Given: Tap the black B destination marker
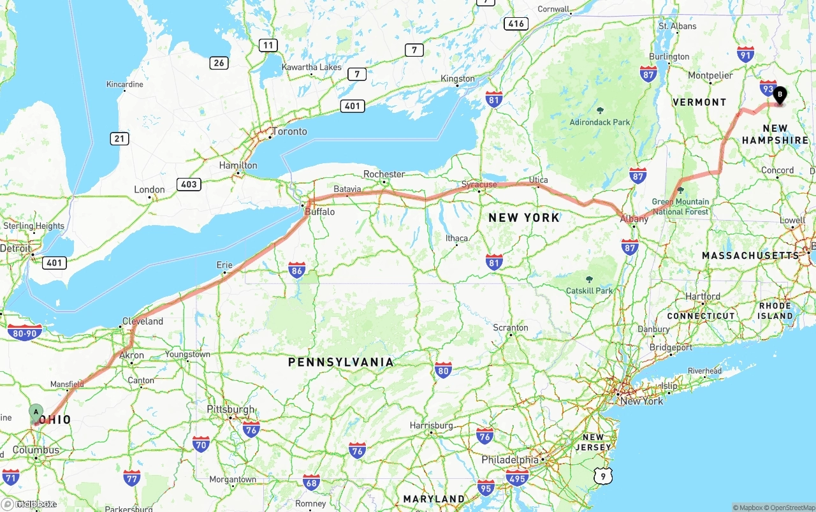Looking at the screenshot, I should [780, 95].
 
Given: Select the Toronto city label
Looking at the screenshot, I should [289, 132].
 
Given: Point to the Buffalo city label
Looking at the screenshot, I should [319, 212].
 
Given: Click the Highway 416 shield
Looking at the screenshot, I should [516, 24].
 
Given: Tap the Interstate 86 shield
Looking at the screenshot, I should [296, 270].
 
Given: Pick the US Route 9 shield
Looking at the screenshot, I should [602, 476].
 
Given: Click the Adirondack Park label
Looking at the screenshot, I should [599, 122].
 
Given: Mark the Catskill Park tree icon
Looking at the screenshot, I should [589, 279].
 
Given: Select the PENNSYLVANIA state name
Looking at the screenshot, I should [341, 362].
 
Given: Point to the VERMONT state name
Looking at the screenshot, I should [699, 102].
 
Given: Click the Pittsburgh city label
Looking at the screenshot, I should [231, 409].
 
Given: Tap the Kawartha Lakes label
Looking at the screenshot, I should [312, 67].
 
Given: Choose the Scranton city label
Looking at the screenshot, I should [511, 327].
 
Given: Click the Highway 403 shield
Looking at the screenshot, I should [189, 184].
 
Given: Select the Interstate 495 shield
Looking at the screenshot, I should [516, 477].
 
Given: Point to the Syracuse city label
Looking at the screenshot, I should [479, 185].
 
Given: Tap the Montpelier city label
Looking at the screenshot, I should [710, 75].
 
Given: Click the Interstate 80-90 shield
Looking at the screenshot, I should [25, 332].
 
